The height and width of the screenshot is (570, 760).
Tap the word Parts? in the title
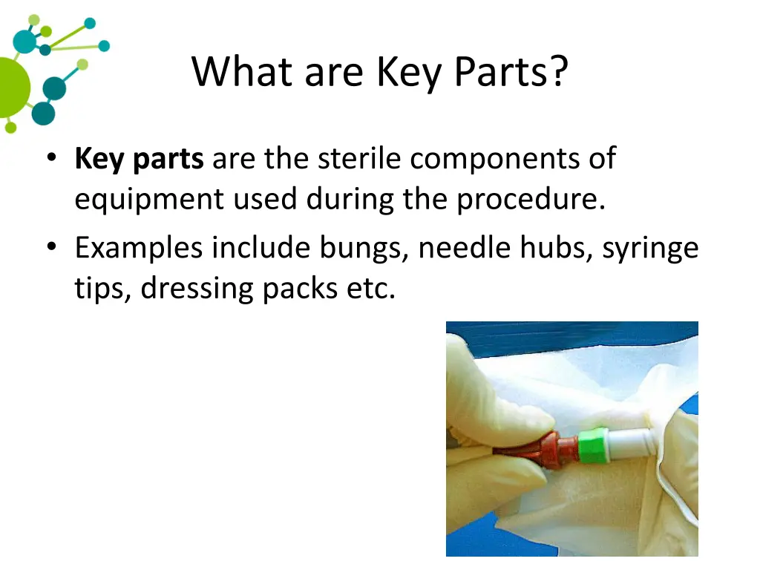tap(511, 73)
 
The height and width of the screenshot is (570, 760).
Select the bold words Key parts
tap(139, 160)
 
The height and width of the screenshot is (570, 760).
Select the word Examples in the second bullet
tap(139, 248)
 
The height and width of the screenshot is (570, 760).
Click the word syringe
tap(651, 248)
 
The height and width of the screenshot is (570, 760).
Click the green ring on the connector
tap(593, 445)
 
